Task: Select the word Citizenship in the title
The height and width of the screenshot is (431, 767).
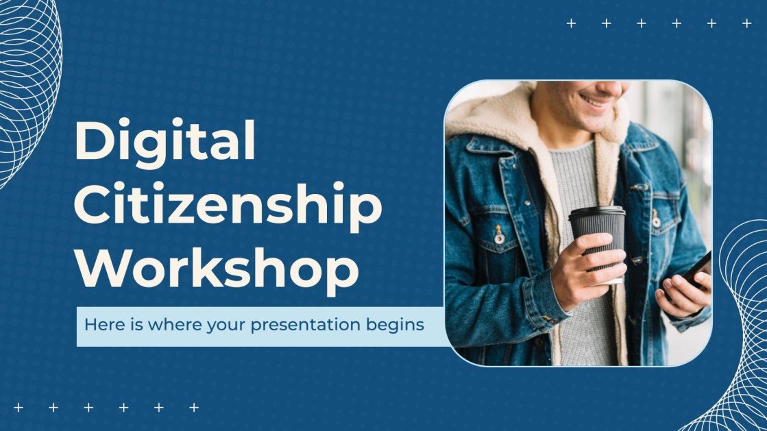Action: click(x=228, y=206)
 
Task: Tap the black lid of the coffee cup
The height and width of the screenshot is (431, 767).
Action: click(x=596, y=212)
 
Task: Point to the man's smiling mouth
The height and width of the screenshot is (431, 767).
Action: click(x=595, y=101)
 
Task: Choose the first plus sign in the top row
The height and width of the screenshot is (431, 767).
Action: click(x=571, y=23)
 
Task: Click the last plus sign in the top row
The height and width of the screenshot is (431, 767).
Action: click(x=747, y=23)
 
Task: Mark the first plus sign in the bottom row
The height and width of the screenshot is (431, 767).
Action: click(x=18, y=407)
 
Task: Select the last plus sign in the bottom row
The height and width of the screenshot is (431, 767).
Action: click(x=194, y=407)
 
